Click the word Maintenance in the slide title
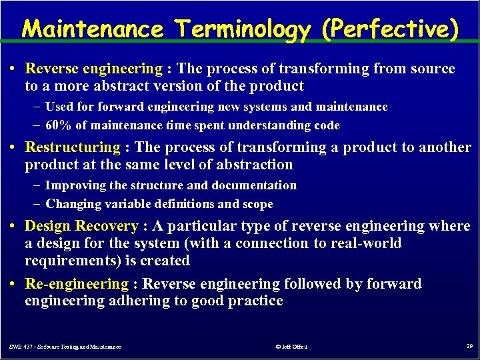click(x=93, y=29)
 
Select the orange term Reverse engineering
click(x=93, y=69)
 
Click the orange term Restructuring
click(x=72, y=147)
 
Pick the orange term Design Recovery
click(x=81, y=226)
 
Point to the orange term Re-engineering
click(x=76, y=284)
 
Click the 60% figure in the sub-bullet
click(x=58, y=125)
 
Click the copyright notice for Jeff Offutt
click(x=291, y=347)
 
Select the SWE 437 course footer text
click(x=65, y=347)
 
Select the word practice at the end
click(x=257, y=301)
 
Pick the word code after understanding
click(x=326, y=125)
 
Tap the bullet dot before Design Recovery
click(x=14, y=227)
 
